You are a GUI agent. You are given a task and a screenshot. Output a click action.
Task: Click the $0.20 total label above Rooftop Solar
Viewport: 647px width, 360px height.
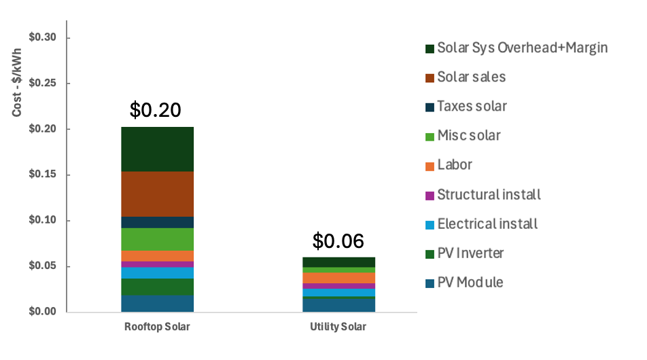click(x=156, y=109)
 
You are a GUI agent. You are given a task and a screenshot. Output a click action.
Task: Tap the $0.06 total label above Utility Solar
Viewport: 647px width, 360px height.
click(x=338, y=240)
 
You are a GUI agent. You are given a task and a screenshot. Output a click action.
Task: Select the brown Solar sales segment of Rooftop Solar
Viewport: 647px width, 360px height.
click(x=158, y=194)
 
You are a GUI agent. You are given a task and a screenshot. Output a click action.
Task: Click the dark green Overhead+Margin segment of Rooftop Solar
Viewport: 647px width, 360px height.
click(x=158, y=149)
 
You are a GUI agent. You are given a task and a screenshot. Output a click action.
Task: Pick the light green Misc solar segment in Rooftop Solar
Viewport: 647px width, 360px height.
click(x=158, y=239)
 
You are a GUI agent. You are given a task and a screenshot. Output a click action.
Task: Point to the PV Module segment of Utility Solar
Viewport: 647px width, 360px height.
click(x=339, y=305)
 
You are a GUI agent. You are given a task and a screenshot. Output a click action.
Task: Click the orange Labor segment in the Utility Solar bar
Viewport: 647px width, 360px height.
click(x=339, y=278)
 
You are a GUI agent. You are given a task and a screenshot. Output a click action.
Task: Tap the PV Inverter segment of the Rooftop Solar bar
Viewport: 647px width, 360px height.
click(x=158, y=287)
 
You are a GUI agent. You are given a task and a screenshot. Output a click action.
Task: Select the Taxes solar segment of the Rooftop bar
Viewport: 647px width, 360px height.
click(x=158, y=222)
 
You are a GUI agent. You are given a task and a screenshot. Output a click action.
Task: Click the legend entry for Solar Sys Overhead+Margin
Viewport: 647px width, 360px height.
click(x=522, y=48)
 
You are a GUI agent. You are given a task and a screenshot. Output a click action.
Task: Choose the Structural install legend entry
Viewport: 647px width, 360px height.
click(x=489, y=195)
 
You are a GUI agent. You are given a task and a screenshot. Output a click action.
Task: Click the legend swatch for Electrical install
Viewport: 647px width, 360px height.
click(x=430, y=225)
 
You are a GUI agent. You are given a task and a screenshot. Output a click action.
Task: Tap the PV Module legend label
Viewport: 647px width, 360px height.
click(x=470, y=283)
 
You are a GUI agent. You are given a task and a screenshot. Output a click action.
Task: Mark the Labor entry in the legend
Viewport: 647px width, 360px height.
click(x=455, y=165)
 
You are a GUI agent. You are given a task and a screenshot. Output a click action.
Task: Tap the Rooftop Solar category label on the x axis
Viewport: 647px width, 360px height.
click(x=157, y=327)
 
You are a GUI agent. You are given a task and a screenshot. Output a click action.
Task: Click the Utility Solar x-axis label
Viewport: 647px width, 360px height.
click(x=338, y=327)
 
